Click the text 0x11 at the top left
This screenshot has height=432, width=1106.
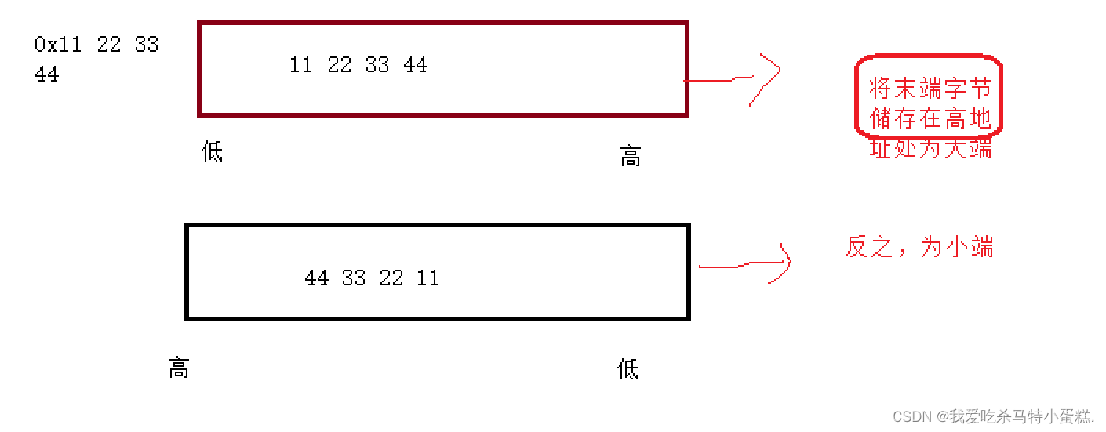click(x=58, y=45)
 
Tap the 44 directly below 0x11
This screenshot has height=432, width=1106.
click(x=47, y=74)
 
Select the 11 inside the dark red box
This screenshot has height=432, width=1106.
click(x=301, y=65)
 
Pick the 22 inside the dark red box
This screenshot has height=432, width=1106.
click(x=340, y=65)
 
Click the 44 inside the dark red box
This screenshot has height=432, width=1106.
click(x=416, y=65)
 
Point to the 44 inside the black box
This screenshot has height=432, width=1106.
click(x=316, y=278)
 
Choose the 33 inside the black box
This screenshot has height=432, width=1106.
click(x=354, y=278)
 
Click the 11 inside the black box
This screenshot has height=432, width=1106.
click(x=428, y=278)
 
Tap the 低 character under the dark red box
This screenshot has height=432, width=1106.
click(x=213, y=151)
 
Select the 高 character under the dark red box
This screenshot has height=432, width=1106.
click(x=631, y=157)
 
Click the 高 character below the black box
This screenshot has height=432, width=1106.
click(x=179, y=368)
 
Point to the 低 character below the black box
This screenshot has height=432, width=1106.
click(x=628, y=368)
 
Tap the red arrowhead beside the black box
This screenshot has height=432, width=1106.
click(x=783, y=263)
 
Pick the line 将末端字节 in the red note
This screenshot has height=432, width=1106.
click(x=930, y=88)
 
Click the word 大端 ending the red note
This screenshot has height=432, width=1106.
click(x=968, y=147)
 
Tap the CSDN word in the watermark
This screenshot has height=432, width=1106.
click(x=911, y=416)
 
